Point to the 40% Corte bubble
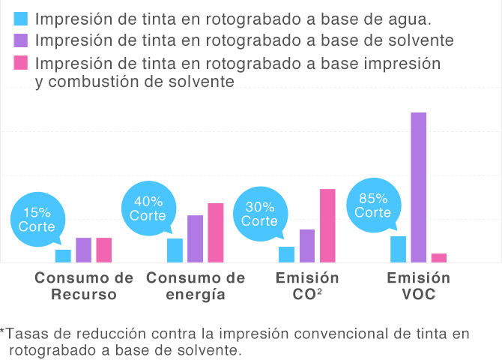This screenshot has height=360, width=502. point(148,208)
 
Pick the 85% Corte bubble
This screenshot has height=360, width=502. point(373,205)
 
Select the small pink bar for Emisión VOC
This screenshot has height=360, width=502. point(439,258)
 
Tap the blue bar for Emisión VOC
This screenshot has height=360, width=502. point(399,249)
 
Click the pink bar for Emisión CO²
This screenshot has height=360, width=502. point(327,226)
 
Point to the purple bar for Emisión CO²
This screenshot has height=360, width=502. point(307,246)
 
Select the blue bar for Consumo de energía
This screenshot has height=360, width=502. point(175,250)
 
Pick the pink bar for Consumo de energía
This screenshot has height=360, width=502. point(215,232)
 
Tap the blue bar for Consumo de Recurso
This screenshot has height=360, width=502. point(63,256)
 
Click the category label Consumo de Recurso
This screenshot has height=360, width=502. point(84,286)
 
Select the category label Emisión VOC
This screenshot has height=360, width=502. point(418,286)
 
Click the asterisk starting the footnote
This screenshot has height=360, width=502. point(3,331)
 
